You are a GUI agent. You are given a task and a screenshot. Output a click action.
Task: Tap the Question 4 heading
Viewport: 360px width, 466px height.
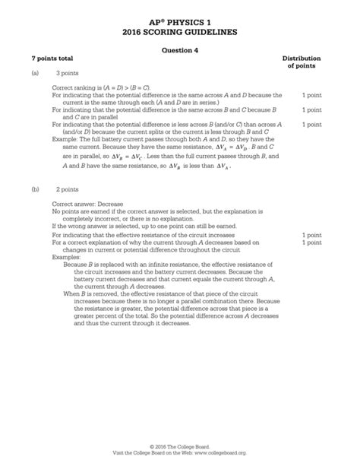pyautogui.click(x=180, y=50)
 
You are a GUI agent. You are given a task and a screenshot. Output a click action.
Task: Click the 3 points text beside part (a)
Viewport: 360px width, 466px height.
pyautogui.click(x=68, y=74)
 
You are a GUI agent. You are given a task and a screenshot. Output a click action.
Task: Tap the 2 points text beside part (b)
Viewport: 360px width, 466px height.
pyautogui.click(x=68, y=186)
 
